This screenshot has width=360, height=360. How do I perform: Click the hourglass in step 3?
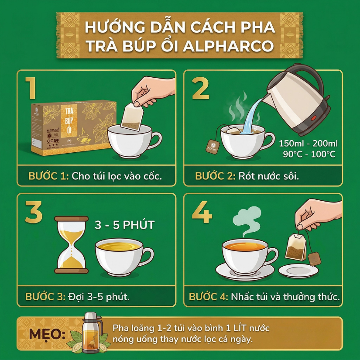pos(71,244)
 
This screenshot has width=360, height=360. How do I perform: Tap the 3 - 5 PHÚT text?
pos(125,226)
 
